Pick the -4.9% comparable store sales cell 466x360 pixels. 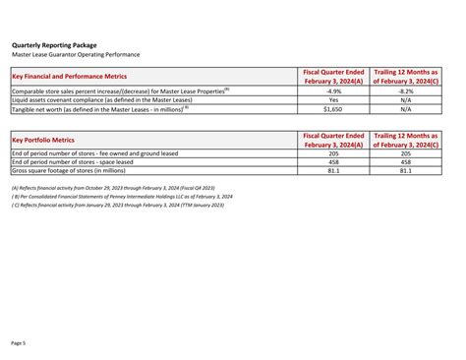pos(333,90)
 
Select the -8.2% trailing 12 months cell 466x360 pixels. pos(406,90)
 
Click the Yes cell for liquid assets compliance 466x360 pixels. pos(333,99)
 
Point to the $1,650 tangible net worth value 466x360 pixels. pos(333,108)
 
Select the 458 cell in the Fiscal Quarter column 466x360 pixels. pos(333,162)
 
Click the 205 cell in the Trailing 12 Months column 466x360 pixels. pos(406,153)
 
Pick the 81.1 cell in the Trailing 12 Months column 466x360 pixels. pos(406,171)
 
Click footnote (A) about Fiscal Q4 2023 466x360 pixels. pos(113,188)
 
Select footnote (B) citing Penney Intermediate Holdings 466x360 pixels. pos(122,197)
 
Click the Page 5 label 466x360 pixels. pos(19,342)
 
